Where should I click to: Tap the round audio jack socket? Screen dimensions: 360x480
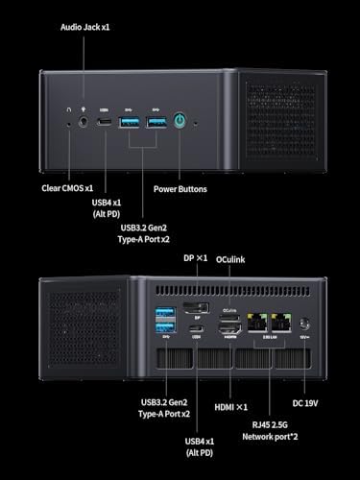(x=84, y=123)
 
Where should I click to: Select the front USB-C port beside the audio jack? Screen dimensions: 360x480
(x=105, y=123)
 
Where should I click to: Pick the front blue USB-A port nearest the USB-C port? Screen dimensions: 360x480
(x=131, y=123)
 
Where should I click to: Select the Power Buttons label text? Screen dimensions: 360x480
(x=180, y=189)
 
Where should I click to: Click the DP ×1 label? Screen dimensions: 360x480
(x=195, y=258)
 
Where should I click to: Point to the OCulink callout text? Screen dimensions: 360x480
(x=236, y=258)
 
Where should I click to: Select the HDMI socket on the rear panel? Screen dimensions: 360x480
(x=229, y=325)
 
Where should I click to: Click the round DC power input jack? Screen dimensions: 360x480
(x=306, y=324)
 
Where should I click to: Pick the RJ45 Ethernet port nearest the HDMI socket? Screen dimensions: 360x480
(x=256, y=324)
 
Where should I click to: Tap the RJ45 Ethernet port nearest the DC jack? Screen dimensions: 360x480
(x=281, y=324)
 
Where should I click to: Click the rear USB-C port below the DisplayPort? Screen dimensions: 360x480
(x=197, y=330)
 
